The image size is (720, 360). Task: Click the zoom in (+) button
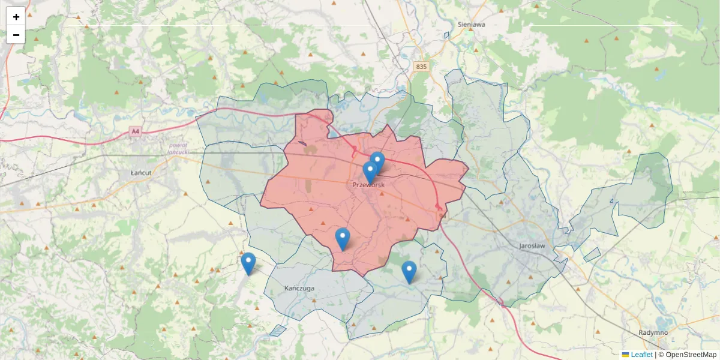click(x=16, y=17)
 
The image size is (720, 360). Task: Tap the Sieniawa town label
click(x=471, y=25)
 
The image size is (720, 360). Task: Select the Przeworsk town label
click(x=368, y=185)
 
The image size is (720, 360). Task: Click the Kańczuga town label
click(x=299, y=288)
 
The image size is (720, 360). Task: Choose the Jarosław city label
click(x=532, y=246)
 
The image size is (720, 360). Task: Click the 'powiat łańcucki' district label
click(x=178, y=149)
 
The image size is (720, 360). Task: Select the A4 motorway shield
click(x=136, y=131)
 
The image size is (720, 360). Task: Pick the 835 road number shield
click(x=421, y=67)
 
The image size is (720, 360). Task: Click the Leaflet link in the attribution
click(x=641, y=355)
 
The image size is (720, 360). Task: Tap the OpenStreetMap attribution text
click(x=691, y=355)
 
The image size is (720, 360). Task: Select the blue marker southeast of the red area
click(x=409, y=272)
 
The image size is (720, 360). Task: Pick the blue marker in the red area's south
click(x=343, y=239)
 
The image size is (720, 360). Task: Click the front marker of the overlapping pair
click(x=370, y=172)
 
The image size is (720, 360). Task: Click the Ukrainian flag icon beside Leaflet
click(x=625, y=355)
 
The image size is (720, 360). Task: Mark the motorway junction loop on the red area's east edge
click(x=440, y=209)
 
